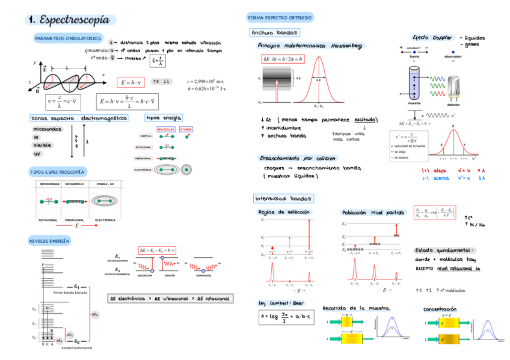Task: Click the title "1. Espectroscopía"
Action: [x=71, y=20]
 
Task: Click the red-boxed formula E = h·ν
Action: [x=131, y=82]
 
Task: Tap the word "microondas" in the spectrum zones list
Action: [x=47, y=129]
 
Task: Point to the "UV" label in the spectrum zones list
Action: [x=38, y=154]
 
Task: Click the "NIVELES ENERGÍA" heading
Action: [x=49, y=241]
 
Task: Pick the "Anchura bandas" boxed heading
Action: [x=274, y=32]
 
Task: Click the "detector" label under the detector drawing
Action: [x=453, y=104]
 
